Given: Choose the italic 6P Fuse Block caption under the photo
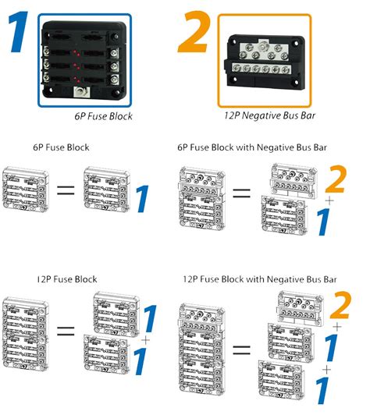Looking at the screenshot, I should (104, 116).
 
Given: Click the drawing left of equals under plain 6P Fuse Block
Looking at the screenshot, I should (27, 190).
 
